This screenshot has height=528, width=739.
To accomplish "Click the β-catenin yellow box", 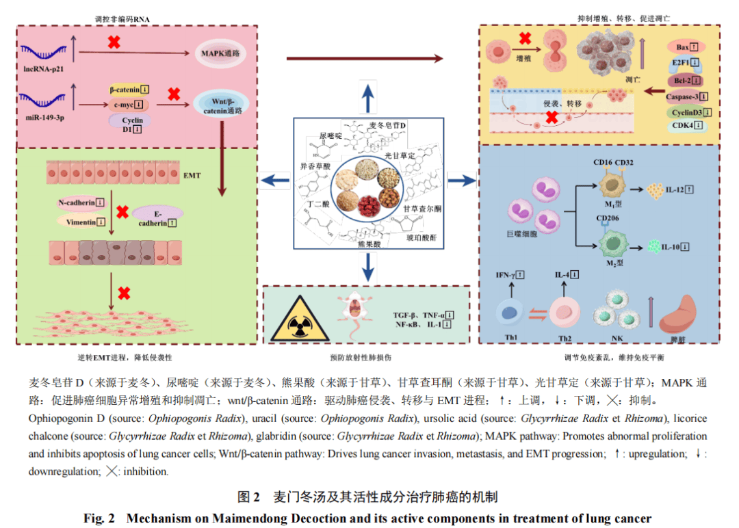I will click(x=129, y=89).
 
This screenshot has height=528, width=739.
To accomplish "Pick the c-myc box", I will click(x=128, y=104).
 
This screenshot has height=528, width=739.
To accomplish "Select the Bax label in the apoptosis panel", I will click(x=686, y=47).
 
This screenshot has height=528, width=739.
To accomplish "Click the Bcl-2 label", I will click(x=685, y=81).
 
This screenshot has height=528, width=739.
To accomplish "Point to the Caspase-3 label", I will click(x=686, y=96).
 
